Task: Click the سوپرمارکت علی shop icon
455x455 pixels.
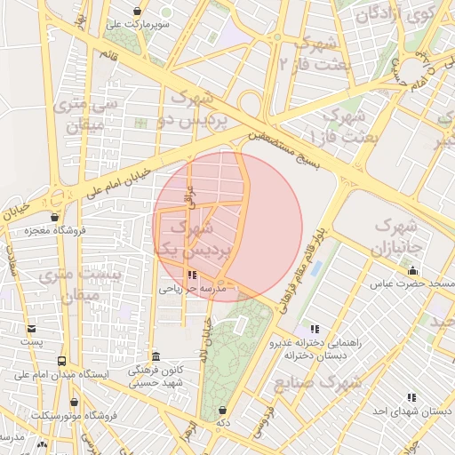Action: coord(137,11)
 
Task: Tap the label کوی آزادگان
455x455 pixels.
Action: coord(392,14)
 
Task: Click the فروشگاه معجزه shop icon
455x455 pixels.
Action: coord(55,217)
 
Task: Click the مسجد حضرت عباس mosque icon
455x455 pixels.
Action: coord(411,270)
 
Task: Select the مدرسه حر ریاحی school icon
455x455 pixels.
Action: coord(194,275)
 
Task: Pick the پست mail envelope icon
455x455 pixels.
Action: coord(32,328)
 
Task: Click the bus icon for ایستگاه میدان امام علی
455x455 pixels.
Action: coord(61,361)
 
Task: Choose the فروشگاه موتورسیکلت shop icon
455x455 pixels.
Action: coord(42,401)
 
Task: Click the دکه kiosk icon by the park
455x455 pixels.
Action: coord(222,410)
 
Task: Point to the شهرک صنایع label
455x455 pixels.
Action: coord(331,382)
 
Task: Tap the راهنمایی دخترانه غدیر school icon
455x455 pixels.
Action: coord(313,329)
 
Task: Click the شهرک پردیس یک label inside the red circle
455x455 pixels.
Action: coord(194,239)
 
